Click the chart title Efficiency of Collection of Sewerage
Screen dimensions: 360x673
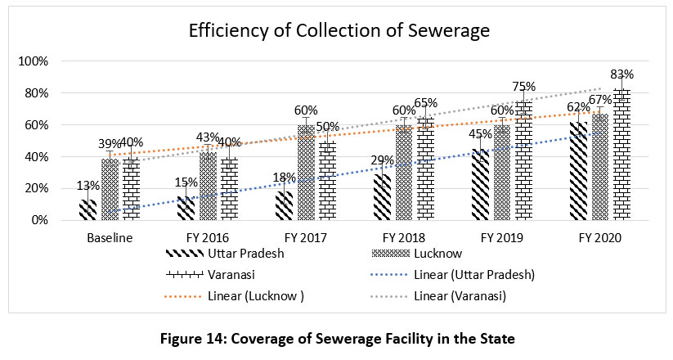(339, 32)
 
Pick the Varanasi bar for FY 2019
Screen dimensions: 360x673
(524, 161)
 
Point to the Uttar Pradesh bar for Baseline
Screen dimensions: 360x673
(88, 209)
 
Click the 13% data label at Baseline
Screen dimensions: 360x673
(88, 186)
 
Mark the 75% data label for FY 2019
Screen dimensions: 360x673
(524, 87)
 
